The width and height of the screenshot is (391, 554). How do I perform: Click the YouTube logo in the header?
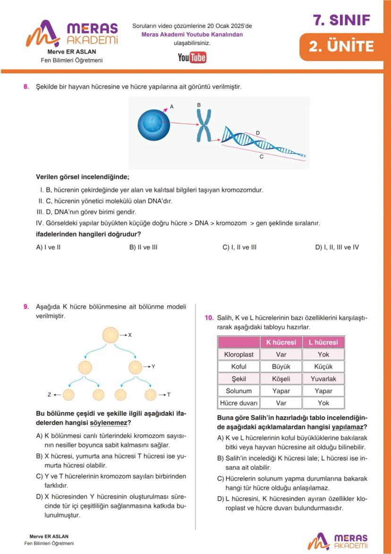click(192, 58)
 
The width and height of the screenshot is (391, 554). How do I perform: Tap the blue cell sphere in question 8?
click(153, 124)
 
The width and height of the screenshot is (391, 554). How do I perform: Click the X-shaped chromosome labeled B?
click(204, 126)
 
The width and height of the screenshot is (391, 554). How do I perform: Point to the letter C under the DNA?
click(261, 157)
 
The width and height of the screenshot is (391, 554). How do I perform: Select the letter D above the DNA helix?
click(257, 133)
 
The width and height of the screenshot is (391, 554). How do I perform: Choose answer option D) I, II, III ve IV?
click(337, 247)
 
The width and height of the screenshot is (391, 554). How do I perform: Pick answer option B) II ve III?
click(143, 247)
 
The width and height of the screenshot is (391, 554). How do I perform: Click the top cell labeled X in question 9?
click(110, 335)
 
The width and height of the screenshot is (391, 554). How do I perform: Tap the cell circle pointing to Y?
click(135, 367)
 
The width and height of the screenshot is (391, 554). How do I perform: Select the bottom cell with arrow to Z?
click(68, 395)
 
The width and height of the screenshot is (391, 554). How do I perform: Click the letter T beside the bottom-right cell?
click(169, 395)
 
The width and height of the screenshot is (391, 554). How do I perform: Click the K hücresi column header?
click(281, 342)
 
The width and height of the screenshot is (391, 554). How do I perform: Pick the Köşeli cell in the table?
click(281, 379)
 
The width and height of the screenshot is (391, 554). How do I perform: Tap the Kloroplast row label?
click(238, 354)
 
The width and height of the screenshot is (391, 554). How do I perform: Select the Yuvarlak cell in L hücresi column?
click(323, 379)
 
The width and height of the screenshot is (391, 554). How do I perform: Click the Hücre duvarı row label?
click(238, 403)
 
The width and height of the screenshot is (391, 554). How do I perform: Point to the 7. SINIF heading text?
click(341, 20)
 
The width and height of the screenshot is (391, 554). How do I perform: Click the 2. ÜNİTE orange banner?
click(341, 46)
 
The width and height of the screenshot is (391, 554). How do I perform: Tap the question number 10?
click(209, 318)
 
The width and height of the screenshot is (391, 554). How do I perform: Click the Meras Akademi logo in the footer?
click(338, 541)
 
